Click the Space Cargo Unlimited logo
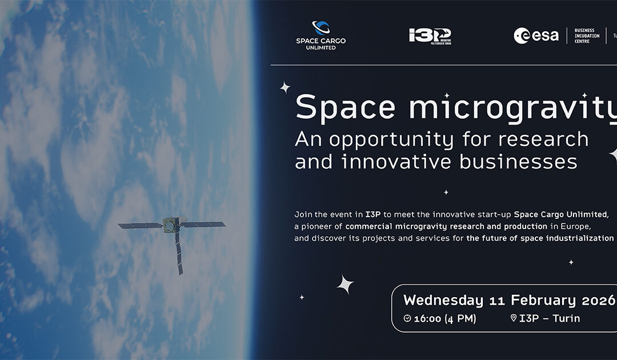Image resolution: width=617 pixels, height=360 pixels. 320,35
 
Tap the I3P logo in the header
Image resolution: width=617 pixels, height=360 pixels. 430,36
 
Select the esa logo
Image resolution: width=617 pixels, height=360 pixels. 536,36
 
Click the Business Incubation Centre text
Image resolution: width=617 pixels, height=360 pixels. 587,36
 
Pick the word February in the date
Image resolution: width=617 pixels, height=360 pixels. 544,301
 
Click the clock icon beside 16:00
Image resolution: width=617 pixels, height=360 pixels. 407,319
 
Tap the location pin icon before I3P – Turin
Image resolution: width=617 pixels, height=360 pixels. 513,319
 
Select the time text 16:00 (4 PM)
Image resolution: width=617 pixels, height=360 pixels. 445,319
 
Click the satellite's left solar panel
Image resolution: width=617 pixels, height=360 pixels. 141,226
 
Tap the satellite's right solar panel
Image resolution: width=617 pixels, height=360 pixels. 203,224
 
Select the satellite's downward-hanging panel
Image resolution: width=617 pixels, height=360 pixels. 178,254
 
